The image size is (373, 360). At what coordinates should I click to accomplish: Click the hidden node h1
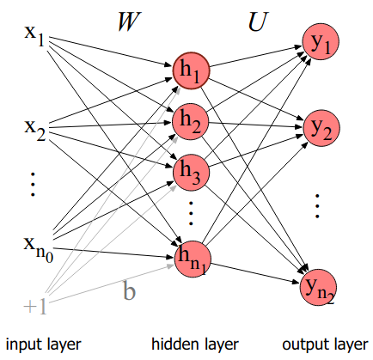191,70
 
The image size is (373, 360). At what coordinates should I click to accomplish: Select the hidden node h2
191,122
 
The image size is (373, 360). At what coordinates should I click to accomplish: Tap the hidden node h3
191,173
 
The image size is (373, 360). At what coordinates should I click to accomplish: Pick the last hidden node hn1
193,259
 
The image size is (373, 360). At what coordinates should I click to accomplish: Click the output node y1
321,42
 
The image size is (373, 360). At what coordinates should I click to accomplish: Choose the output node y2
321,128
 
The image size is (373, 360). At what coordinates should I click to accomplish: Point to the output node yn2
318,287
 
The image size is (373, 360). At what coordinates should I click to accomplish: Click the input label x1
34,36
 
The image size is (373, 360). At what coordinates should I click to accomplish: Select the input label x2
34,131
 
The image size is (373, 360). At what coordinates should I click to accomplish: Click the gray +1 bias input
35,307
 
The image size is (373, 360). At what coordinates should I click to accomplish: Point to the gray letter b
129,290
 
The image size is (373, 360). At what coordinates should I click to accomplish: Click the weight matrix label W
129,21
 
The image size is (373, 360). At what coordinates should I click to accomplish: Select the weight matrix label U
257,21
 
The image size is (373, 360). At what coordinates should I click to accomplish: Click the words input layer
44,345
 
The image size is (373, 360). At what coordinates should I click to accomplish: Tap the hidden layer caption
195,344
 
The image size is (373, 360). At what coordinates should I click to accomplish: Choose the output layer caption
325,345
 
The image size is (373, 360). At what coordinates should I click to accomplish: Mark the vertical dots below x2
33,184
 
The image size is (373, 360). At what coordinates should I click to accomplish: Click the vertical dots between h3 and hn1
191,213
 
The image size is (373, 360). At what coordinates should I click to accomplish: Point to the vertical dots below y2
317,206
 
